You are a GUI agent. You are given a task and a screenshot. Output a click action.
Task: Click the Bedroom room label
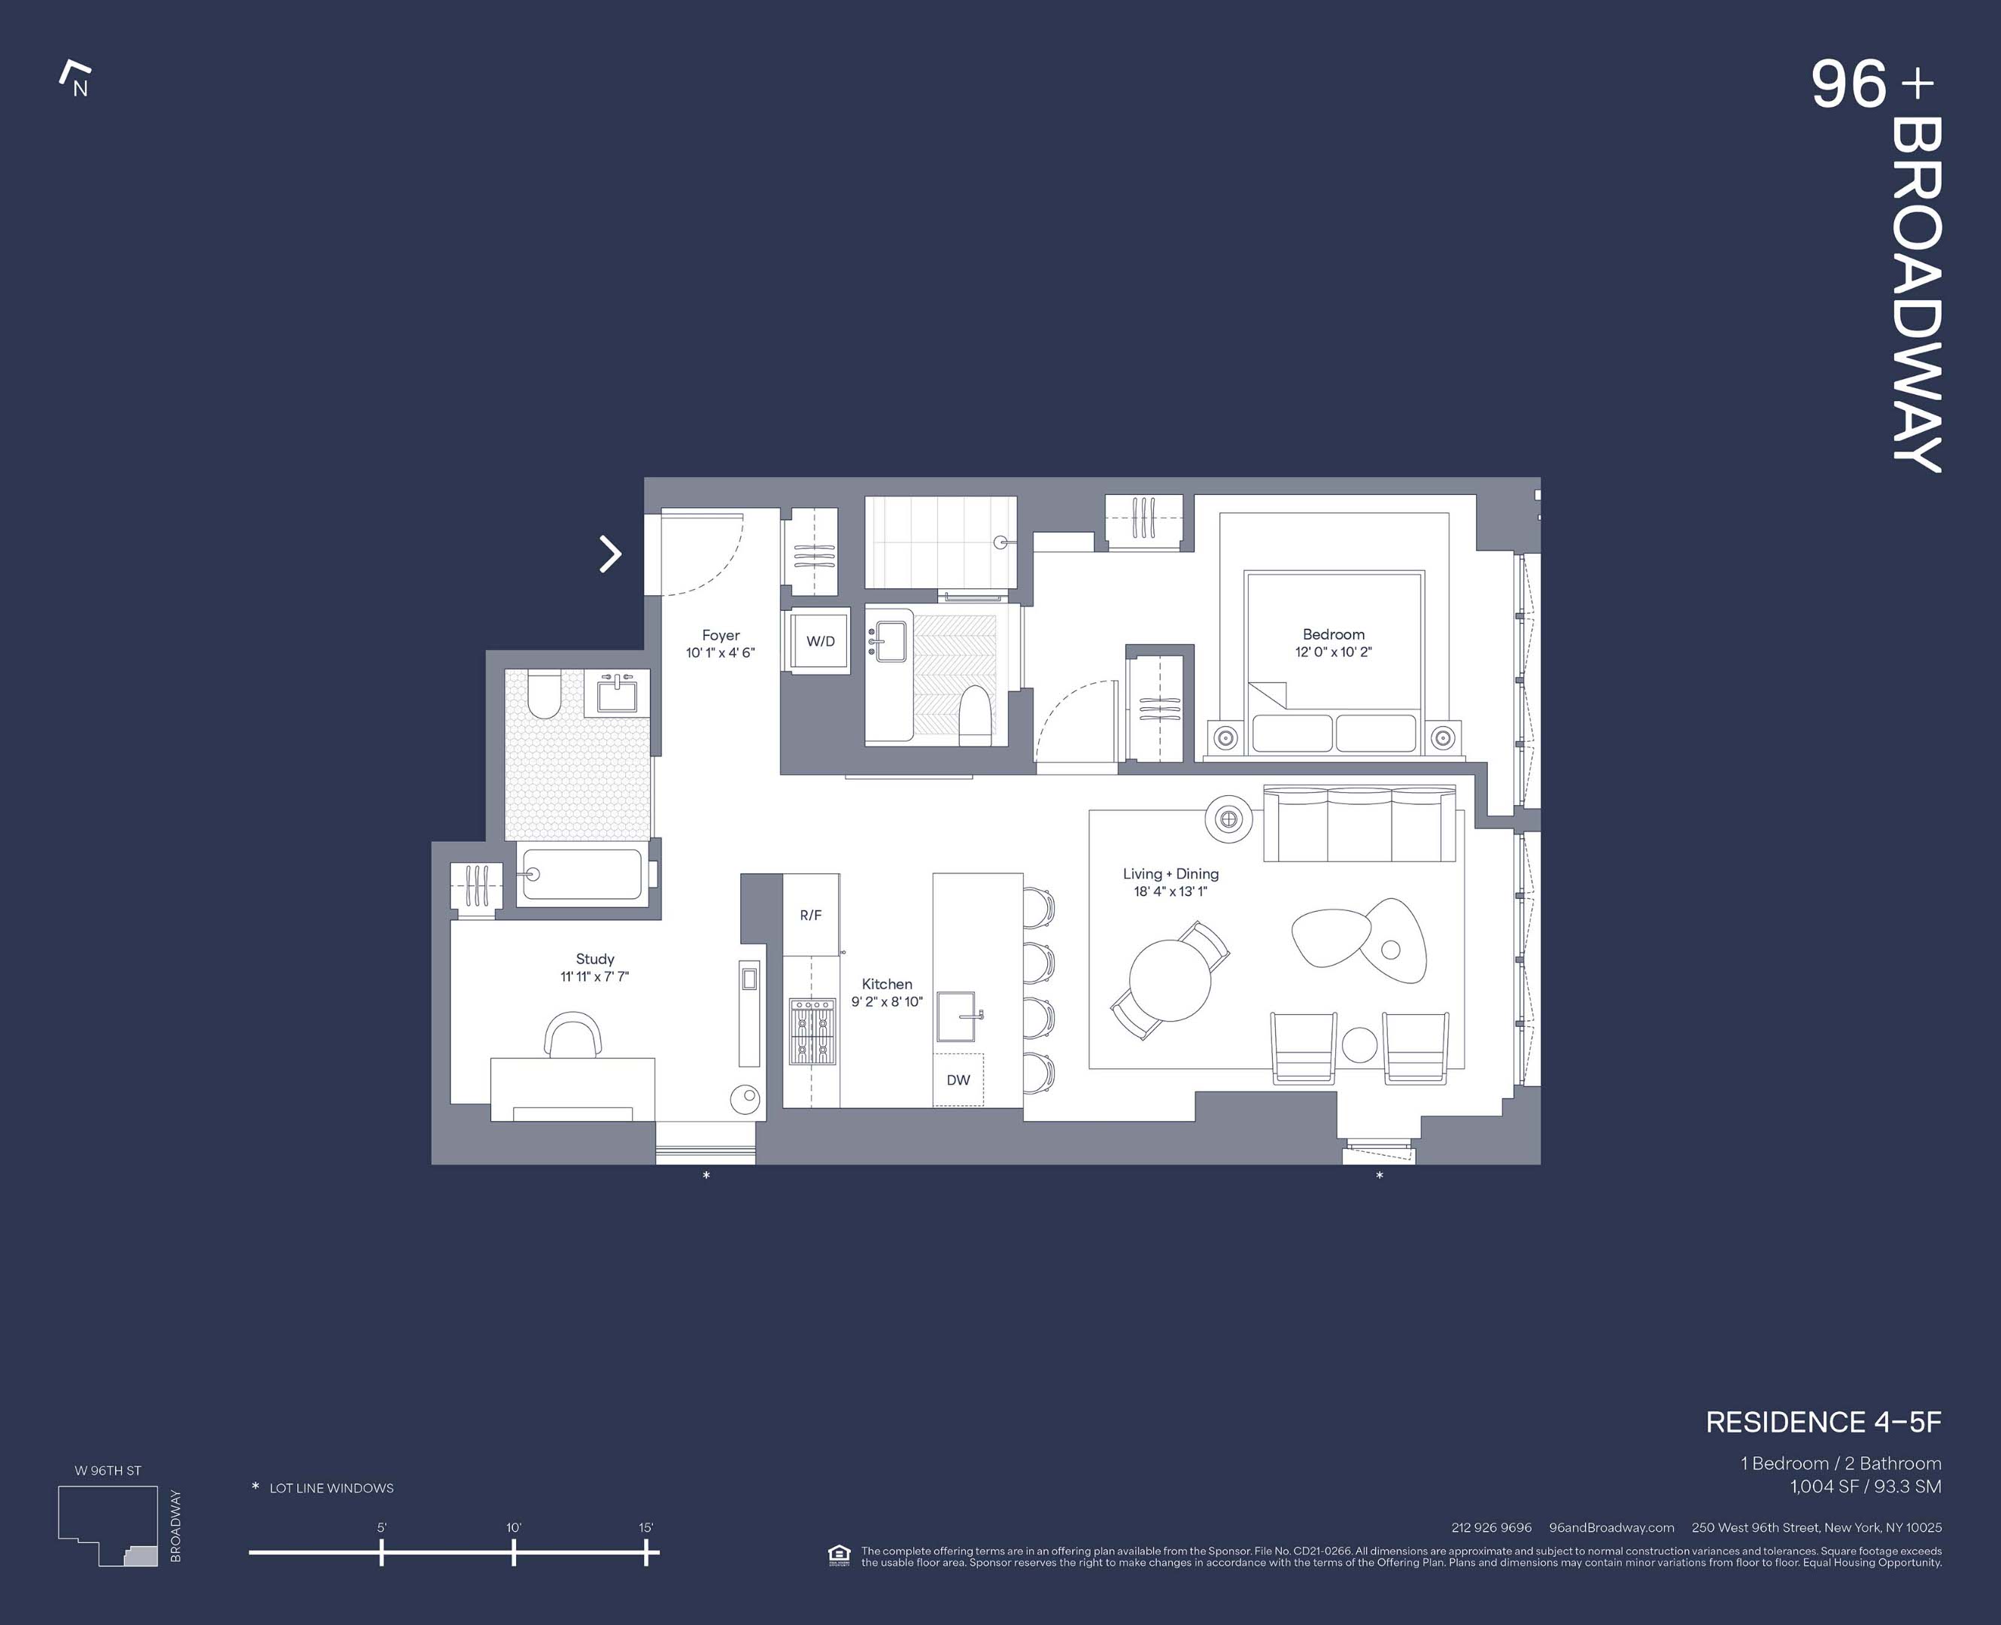tap(1333, 635)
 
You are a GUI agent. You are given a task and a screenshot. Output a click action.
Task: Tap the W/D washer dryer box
tap(820, 641)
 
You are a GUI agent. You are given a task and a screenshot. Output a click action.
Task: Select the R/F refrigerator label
tap(810, 916)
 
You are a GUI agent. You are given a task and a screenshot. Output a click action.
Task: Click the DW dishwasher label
tap(958, 1080)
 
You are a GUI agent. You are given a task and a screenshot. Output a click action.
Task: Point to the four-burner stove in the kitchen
tap(812, 1031)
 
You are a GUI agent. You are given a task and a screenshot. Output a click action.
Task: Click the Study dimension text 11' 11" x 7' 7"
tap(594, 977)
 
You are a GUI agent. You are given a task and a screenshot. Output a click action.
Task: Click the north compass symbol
tap(76, 79)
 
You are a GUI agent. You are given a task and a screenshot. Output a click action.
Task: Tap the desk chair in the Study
tap(572, 1034)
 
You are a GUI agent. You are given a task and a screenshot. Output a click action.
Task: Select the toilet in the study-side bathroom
tap(542, 695)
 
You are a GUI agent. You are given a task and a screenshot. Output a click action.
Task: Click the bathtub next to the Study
tap(582, 874)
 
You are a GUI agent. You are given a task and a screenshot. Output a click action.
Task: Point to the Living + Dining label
tap(1170, 873)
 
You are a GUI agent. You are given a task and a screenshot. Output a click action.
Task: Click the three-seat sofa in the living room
tap(1359, 824)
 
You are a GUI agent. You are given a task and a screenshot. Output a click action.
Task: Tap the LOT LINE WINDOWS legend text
tap(331, 1488)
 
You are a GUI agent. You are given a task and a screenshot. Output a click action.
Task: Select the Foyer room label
tap(721, 636)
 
